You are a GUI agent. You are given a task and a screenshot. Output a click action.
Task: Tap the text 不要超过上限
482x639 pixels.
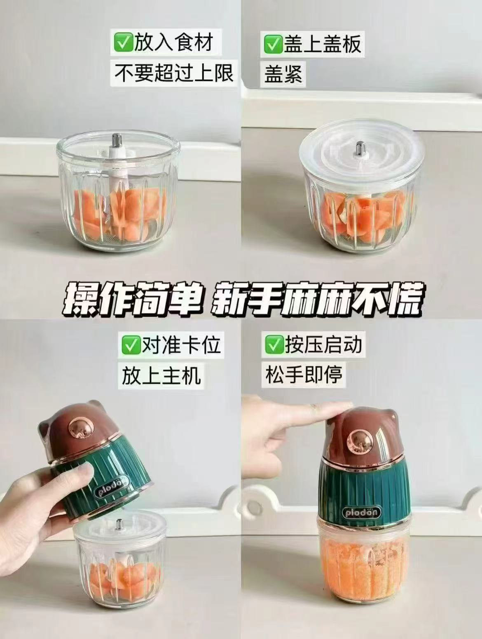[x=174, y=73]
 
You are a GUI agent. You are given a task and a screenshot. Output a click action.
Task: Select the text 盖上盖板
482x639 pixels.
[x=322, y=43]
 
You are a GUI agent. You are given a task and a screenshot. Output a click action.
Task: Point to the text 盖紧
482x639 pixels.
[x=283, y=74]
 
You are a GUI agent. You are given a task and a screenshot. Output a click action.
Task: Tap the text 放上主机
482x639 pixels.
[x=161, y=375]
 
